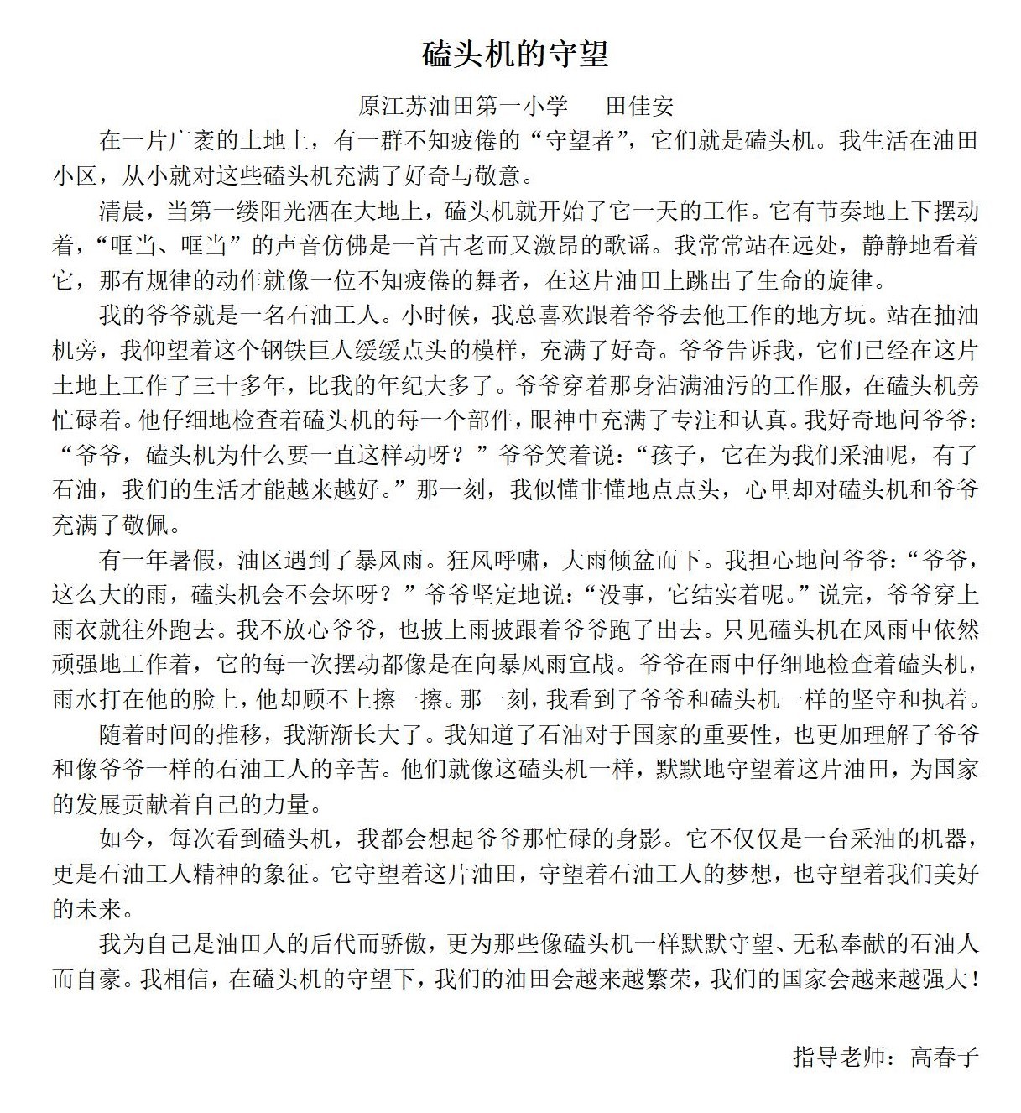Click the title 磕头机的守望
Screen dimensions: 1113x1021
coord(515,55)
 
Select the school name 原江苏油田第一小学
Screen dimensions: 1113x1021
coord(463,107)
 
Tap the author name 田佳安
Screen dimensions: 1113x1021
coord(639,107)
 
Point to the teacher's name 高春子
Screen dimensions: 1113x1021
coord(945,1056)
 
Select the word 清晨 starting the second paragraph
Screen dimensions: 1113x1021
coord(122,211)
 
